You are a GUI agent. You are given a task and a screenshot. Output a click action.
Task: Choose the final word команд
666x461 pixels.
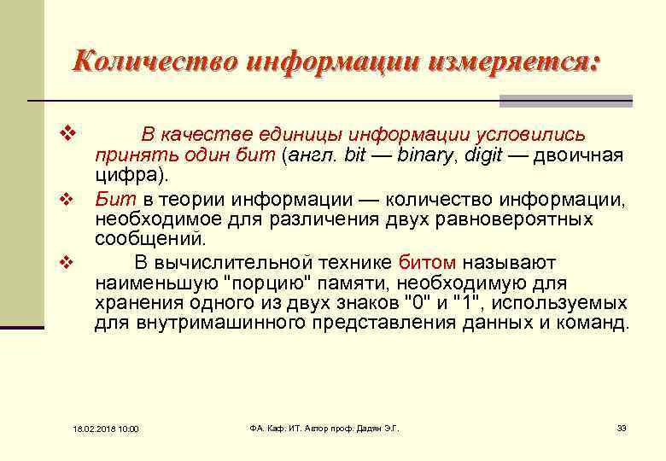click(x=596, y=324)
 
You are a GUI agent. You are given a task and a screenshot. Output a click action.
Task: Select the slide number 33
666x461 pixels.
click(x=622, y=428)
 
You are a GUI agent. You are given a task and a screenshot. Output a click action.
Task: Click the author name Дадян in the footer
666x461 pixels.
click(x=365, y=428)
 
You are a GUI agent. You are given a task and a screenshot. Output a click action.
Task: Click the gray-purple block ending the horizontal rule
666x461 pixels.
click(x=565, y=101)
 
